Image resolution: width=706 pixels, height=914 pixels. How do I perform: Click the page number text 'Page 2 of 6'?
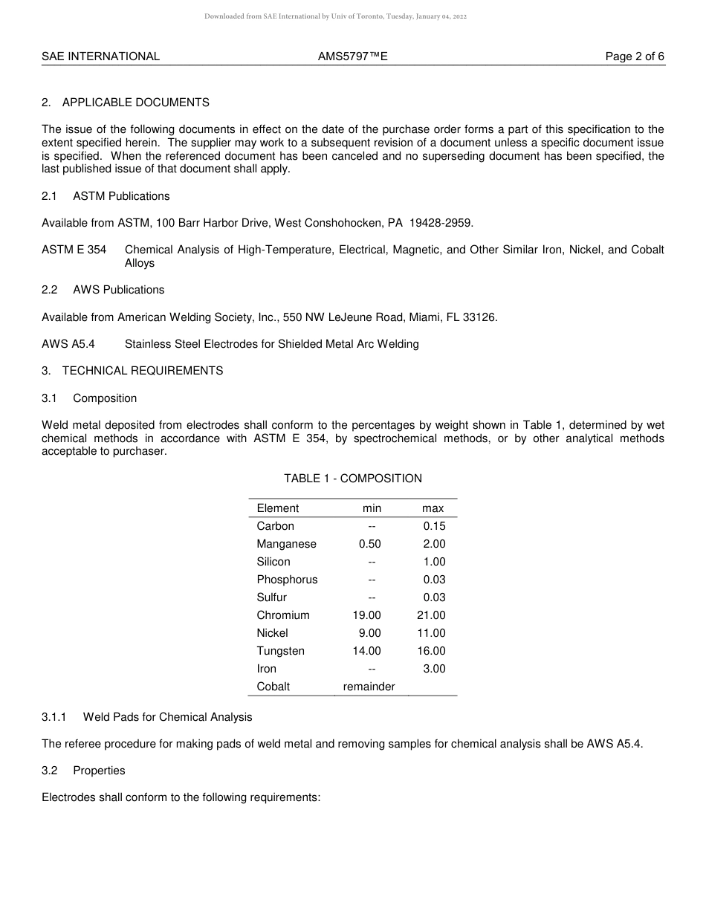click(635, 56)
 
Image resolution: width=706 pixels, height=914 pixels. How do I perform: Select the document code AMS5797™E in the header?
click(352, 56)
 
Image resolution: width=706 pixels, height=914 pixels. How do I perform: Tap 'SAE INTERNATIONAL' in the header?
click(100, 56)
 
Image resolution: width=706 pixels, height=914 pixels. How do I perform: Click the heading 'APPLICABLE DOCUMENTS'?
click(135, 103)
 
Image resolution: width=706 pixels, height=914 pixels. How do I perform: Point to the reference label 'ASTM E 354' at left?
click(74, 250)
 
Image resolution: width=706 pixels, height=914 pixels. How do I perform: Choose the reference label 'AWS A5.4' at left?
click(68, 344)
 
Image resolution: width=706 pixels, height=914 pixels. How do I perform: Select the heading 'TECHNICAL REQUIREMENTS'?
click(142, 371)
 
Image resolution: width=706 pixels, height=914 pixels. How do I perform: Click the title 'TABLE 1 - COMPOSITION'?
click(352, 479)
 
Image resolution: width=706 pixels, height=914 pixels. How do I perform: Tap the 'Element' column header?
click(277, 508)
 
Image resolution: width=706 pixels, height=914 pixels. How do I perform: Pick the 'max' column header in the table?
click(433, 508)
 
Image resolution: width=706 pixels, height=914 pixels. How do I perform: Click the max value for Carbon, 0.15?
click(434, 526)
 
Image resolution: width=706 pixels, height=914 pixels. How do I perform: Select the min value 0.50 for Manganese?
click(369, 544)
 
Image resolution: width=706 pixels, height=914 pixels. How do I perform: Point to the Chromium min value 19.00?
click(366, 615)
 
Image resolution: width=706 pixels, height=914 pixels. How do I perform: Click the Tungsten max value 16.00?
click(431, 651)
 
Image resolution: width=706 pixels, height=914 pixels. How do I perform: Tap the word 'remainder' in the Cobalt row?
click(369, 687)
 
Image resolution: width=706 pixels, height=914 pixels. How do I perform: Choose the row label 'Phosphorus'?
click(287, 580)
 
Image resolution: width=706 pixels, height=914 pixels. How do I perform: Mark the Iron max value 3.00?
click(434, 669)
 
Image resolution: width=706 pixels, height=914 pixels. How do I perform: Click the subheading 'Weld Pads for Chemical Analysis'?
click(167, 717)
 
